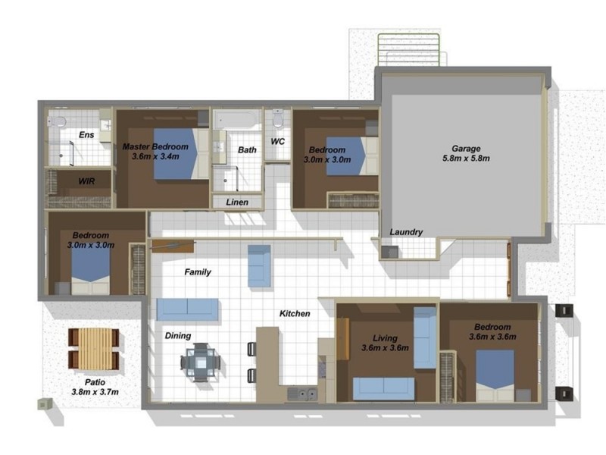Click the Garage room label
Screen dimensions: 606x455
tap(466, 149)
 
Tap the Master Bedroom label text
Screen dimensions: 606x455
tap(155, 147)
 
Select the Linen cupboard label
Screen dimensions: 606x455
tap(237, 202)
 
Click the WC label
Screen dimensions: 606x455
tap(277, 142)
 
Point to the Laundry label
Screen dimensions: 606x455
tap(406, 232)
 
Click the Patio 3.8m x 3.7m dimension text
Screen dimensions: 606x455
tap(95, 392)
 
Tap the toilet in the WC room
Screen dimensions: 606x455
tap(278, 118)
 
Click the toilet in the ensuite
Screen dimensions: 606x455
tap(57, 122)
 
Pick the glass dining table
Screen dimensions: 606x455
tap(201, 362)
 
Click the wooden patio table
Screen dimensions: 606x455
tap(94, 348)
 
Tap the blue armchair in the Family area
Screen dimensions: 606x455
tap(259, 266)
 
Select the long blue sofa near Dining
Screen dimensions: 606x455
tap(187, 309)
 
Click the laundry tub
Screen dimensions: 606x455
tap(389, 253)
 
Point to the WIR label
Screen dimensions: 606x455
tap(86, 181)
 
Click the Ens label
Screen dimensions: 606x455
tap(86, 135)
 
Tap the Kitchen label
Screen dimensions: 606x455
tap(295, 313)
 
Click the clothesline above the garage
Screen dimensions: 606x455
tap(408, 49)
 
